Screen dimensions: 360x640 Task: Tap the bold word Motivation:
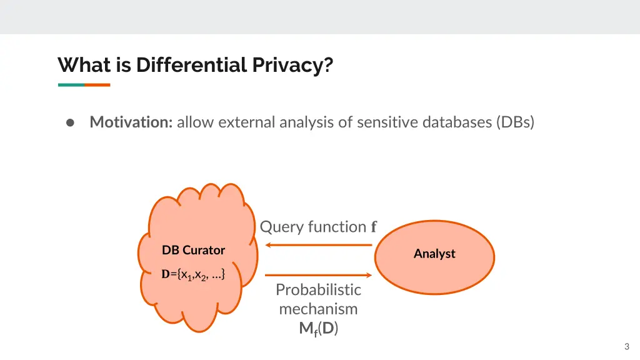pyautogui.click(x=131, y=122)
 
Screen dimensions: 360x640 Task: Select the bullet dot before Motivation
pyautogui.click(x=71, y=122)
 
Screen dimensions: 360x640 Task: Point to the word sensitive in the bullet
pyautogui.click(x=386, y=122)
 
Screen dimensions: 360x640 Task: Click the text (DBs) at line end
pyautogui.click(x=516, y=122)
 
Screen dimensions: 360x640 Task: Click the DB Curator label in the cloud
pyautogui.click(x=193, y=250)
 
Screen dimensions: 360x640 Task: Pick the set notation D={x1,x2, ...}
pyautogui.click(x=193, y=274)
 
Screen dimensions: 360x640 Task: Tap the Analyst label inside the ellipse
pyautogui.click(x=434, y=254)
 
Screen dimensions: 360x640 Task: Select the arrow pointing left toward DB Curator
pyautogui.click(x=319, y=245)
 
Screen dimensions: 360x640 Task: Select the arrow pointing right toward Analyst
pyautogui.click(x=319, y=274)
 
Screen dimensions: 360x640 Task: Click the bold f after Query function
pyautogui.click(x=374, y=227)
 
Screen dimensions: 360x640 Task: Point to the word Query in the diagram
pyautogui.click(x=278, y=226)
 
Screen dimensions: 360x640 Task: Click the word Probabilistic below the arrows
pyautogui.click(x=318, y=289)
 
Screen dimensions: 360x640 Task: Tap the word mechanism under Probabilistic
pyautogui.click(x=318, y=309)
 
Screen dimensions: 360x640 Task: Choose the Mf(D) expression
pyautogui.click(x=318, y=329)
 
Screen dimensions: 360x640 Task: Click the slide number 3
pyautogui.click(x=626, y=347)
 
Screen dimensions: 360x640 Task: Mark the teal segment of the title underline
pyautogui.click(x=71, y=84)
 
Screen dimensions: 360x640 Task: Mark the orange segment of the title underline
pyautogui.click(x=97, y=84)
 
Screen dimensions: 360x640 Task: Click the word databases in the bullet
pyautogui.click(x=456, y=122)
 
